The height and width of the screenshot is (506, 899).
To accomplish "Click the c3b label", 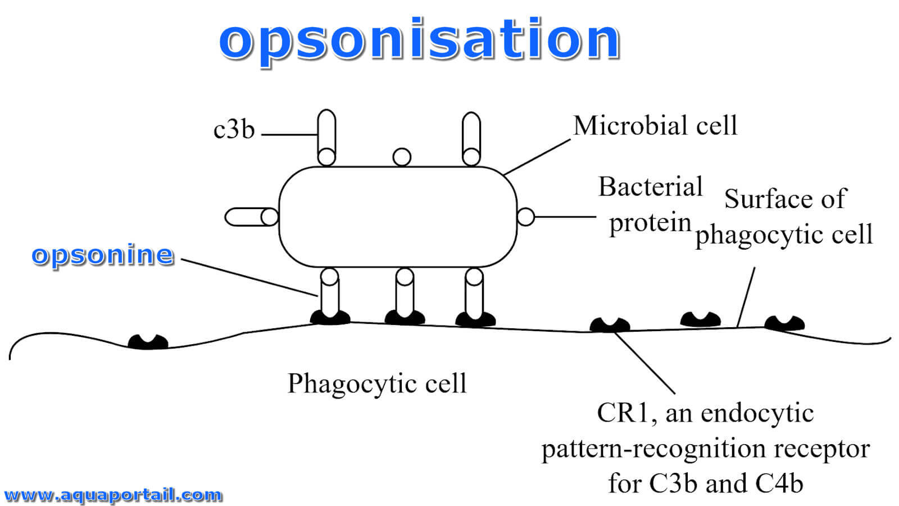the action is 234,129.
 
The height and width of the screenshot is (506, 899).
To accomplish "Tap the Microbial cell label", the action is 655,125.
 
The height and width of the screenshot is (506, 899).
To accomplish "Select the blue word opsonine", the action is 103,255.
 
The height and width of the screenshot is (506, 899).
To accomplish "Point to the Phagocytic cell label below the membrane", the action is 377,383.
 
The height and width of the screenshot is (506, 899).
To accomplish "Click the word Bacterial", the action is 651,187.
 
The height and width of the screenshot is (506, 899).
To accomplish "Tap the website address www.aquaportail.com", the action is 113,495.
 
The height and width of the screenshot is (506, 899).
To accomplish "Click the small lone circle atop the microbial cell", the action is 402,157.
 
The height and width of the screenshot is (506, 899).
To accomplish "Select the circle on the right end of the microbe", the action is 525,217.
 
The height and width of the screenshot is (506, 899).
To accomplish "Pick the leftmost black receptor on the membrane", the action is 148,342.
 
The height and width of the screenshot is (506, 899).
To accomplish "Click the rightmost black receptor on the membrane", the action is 784,323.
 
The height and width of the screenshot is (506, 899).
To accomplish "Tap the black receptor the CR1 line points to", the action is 610,325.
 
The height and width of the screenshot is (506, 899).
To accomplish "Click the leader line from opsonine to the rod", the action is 249,278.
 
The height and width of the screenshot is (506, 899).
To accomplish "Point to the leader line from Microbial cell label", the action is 537,157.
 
